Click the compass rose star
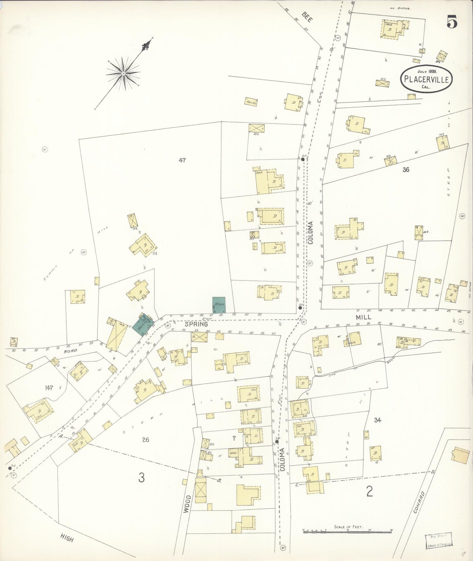pyautogui.click(x=123, y=73)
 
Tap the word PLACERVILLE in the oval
pyautogui.click(x=426, y=79)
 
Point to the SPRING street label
pyautogui.click(x=196, y=324)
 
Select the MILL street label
pyautogui.click(x=363, y=317)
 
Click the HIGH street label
pyautogui.click(x=66, y=537)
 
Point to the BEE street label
pyautogui.click(x=307, y=16)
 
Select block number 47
pyautogui.click(x=182, y=160)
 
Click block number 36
pyautogui.click(x=406, y=170)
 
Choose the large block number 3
pyautogui.click(x=141, y=478)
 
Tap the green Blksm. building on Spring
pyautogui.click(x=218, y=305)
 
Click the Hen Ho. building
pyautogui.click(x=251, y=102)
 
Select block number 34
pyautogui.click(x=377, y=420)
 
